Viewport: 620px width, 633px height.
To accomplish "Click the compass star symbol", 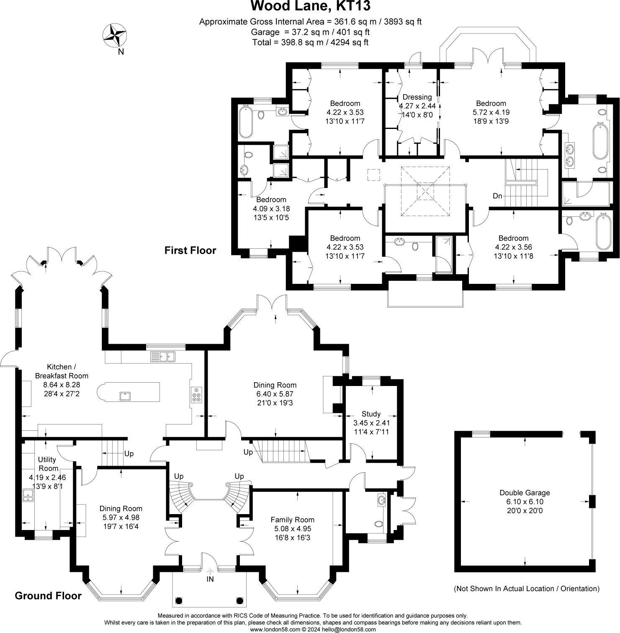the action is click(115, 35).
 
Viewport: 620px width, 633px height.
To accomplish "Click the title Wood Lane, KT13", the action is click(310, 7).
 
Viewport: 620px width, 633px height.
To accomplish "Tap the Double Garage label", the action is click(525, 493).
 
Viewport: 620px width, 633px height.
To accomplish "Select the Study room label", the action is click(371, 414).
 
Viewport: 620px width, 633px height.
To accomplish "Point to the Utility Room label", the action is click(47, 464).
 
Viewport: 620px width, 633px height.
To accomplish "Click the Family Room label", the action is click(292, 520).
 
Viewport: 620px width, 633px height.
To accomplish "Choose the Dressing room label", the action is click(417, 97).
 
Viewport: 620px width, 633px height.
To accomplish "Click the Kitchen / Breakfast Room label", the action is click(62, 371).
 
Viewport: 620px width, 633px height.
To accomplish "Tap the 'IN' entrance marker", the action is click(210, 579).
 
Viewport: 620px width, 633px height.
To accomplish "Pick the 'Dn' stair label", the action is click(497, 196).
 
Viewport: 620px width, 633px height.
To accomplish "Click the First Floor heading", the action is click(190, 250).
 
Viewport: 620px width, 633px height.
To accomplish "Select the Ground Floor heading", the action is click(48, 596).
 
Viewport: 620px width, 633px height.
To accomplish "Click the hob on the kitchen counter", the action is click(196, 395).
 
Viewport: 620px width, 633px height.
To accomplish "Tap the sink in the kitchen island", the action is click(125, 395).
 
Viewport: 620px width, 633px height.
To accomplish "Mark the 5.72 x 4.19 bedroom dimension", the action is click(491, 112).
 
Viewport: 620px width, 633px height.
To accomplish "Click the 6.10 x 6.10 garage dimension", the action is click(525, 502).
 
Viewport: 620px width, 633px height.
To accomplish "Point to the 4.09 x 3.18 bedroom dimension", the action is click(271, 208).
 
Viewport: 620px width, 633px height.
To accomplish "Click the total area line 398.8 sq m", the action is click(310, 42).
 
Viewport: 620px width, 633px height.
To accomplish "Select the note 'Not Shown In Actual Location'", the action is click(527, 589).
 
